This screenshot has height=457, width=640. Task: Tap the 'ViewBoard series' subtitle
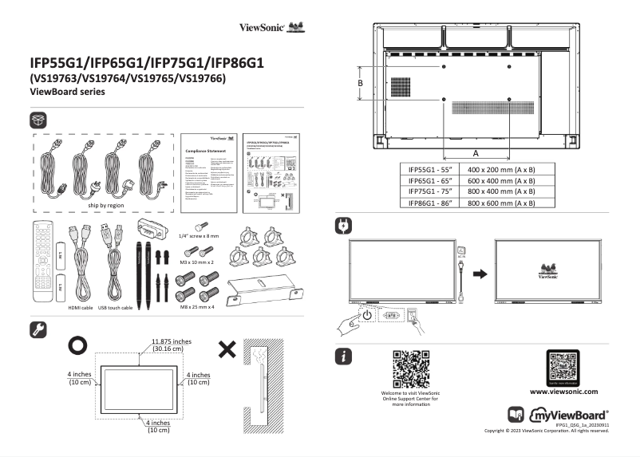point(67,93)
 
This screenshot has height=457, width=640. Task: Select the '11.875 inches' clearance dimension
point(170,341)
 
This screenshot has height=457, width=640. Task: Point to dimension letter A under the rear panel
point(476,152)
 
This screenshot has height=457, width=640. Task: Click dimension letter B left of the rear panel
point(361,83)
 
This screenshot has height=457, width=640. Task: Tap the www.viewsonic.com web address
point(563,392)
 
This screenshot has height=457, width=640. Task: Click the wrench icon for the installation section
point(38,328)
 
